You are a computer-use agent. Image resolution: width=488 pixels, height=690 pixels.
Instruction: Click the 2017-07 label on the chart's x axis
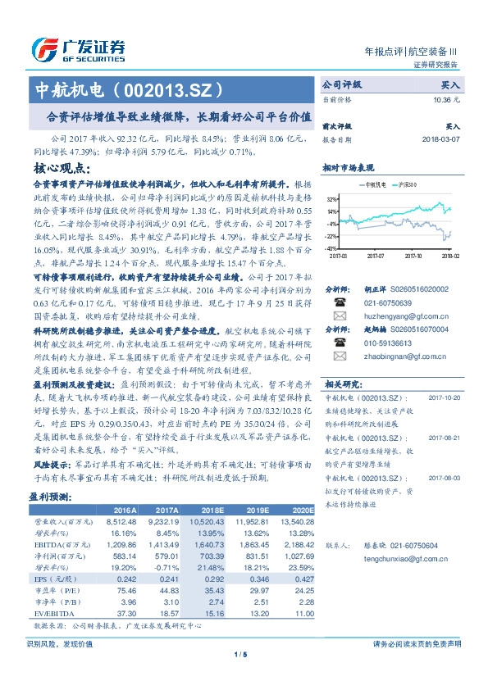click(x=376, y=256)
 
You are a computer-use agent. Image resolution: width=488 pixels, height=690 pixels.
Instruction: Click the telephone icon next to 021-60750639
click(x=339, y=301)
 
